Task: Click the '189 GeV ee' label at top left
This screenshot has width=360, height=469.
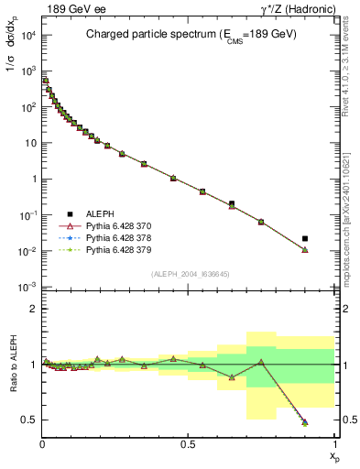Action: [x=66, y=8]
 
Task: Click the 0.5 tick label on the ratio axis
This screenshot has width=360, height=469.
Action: [x=30, y=420]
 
